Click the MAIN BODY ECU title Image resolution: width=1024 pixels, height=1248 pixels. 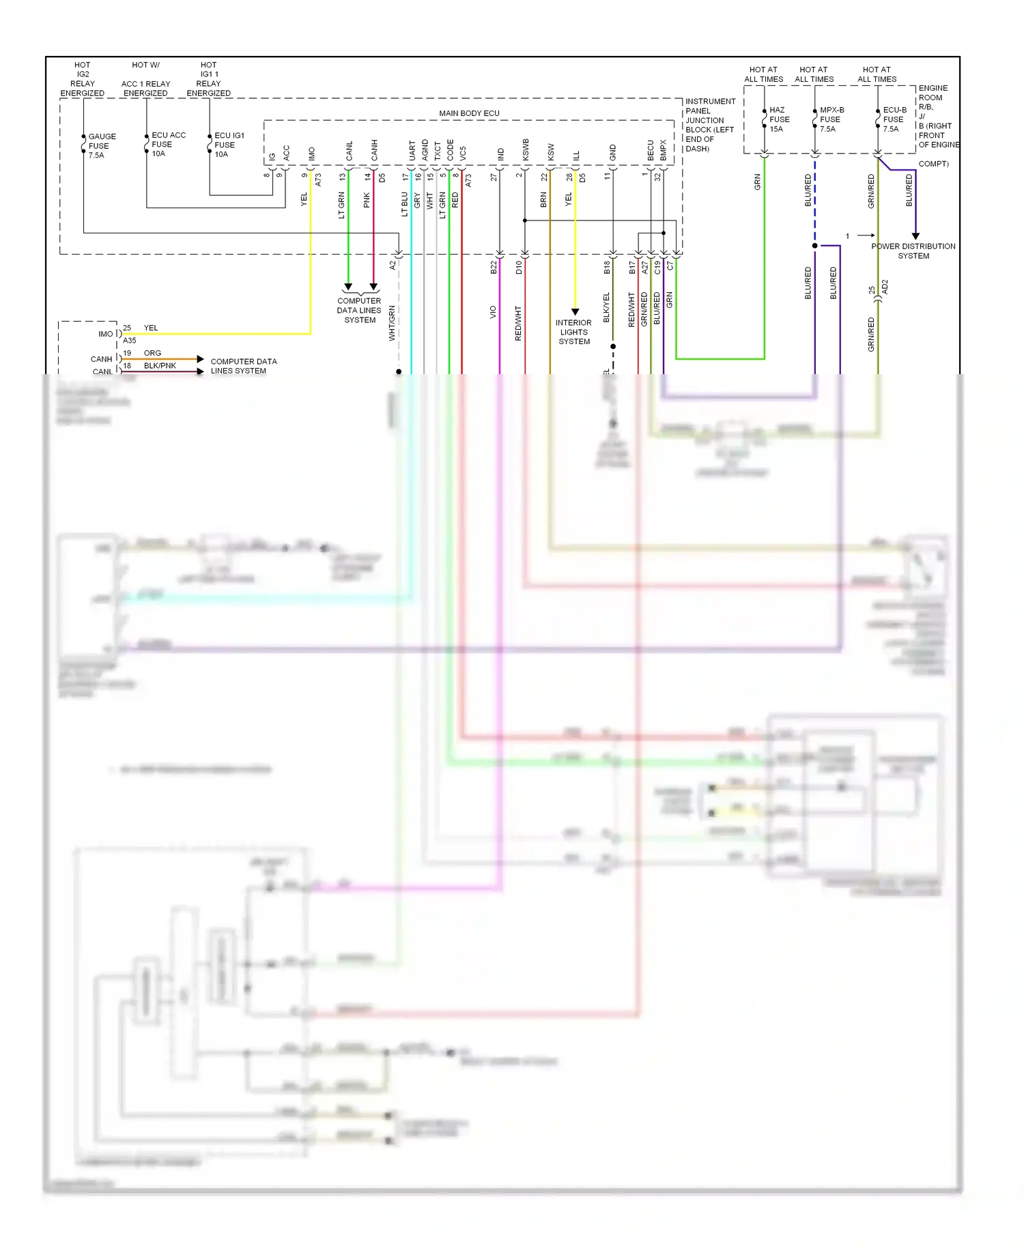point(469,113)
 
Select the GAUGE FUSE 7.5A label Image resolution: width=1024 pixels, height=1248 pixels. point(102,146)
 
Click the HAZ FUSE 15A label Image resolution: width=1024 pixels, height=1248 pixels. point(779,119)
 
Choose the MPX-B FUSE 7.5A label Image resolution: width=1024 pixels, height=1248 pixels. point(831,119)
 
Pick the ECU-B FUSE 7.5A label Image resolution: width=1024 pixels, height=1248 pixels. point(894,119)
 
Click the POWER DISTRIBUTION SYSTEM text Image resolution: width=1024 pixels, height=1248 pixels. point(913,251)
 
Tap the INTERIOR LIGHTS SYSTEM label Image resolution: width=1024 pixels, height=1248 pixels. point(573,332)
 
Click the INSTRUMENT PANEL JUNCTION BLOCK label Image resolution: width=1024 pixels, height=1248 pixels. point(709,125)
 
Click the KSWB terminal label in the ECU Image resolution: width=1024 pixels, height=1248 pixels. point(526,150)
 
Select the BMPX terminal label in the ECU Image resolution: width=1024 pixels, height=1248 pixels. point(664,151)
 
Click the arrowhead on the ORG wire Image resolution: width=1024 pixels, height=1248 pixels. point(200,359)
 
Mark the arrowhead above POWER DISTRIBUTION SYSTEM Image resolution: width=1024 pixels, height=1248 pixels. point(915,236)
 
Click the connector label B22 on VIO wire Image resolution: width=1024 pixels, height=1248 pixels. point(494,268)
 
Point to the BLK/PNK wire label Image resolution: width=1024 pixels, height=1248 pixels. point(160,366)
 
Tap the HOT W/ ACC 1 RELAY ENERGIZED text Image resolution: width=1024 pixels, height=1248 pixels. point(145,79)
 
